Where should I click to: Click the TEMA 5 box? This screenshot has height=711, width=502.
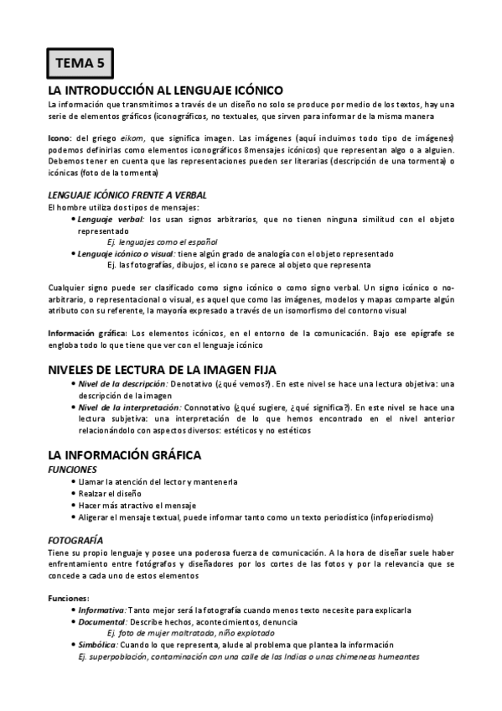(x=80, y=62)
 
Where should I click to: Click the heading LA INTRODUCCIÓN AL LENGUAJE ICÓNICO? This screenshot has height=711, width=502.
(x=166, y=90)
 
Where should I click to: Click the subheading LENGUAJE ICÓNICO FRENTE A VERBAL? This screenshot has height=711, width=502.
(x=127, y=195)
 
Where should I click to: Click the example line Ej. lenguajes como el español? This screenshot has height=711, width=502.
(x=161, y=241)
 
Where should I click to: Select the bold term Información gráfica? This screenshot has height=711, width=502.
(x=81, y=334)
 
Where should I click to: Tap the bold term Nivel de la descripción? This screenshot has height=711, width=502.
(x=125, y=384)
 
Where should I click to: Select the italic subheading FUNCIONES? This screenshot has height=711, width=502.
(x=74, y=470)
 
